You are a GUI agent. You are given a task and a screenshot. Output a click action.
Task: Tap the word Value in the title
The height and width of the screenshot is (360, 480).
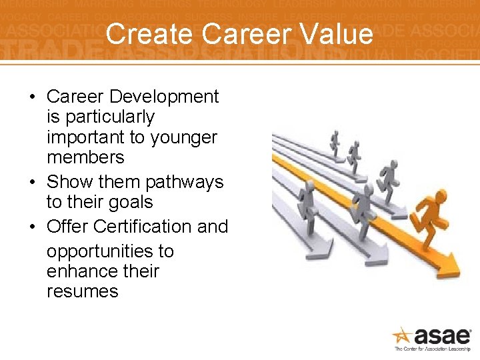click(x=337, y=35)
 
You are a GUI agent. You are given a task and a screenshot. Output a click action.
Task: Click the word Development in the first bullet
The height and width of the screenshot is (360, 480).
click(x=163, y=97)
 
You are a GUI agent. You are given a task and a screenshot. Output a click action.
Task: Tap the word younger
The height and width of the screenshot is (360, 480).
click(x=184, y=137)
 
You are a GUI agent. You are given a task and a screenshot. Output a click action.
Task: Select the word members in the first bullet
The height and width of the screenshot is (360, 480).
click(x=85, y=157)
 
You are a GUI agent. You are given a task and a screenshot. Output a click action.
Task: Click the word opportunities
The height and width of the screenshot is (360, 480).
click(x=110, y=251)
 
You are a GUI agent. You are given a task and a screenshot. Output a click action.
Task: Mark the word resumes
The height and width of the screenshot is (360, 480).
click(x=83, y=291)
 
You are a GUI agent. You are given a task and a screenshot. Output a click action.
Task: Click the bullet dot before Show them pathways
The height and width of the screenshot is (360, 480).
click(x=33, y=182)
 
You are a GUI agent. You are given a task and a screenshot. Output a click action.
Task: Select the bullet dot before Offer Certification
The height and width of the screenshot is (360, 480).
click(x=33, y=227)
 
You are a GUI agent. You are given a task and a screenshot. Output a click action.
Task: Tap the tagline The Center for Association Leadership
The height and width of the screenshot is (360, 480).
click(x=432, y=349)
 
